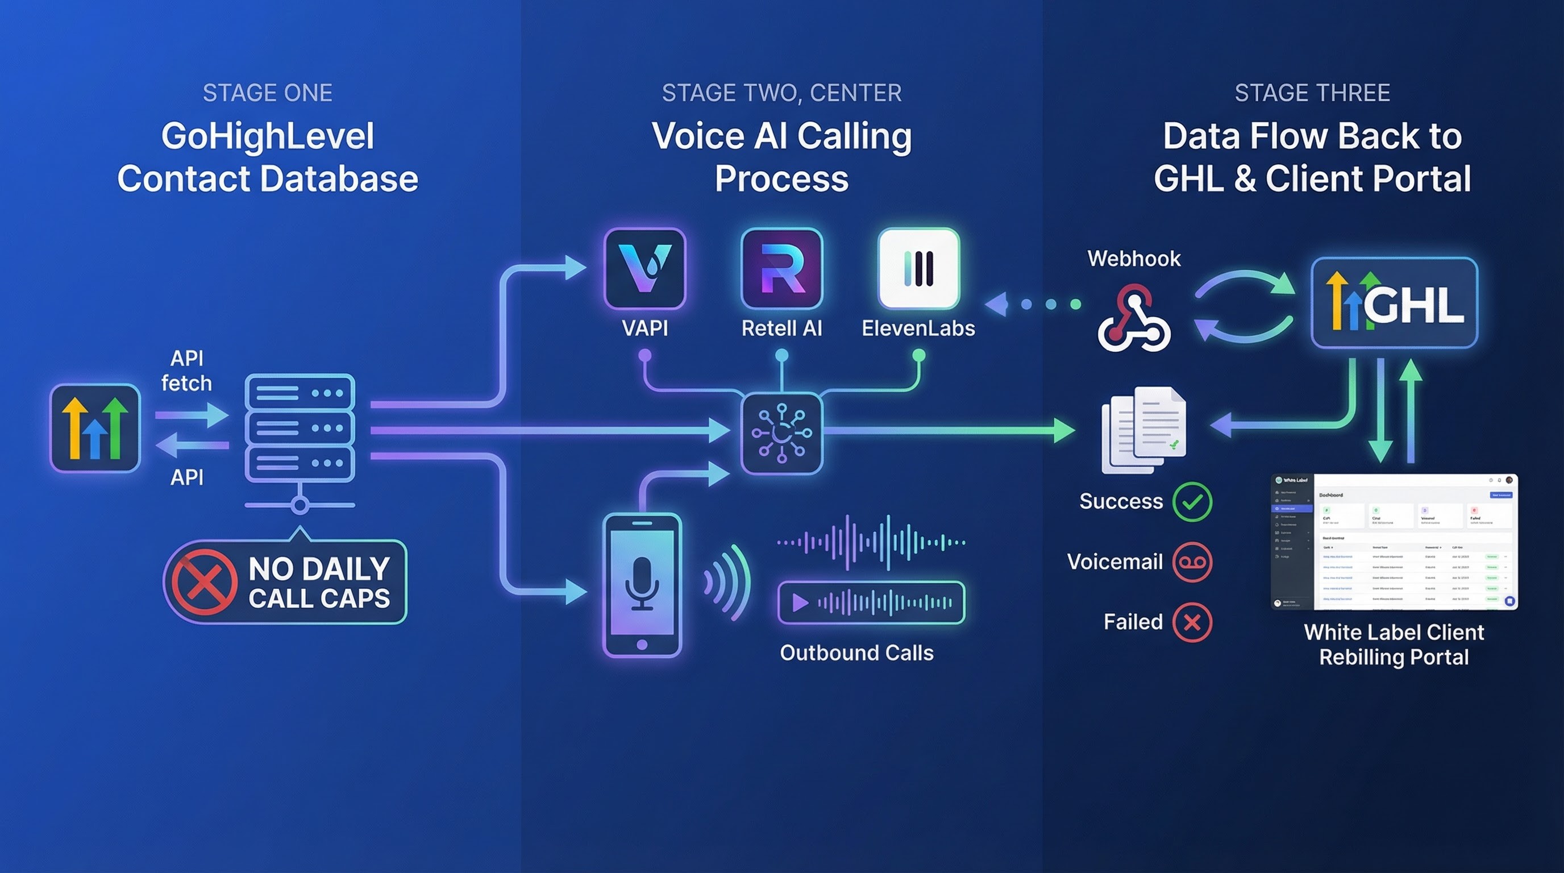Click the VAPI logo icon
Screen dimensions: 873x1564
[x=645, y=269]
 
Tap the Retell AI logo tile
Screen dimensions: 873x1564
[x=782, y=269]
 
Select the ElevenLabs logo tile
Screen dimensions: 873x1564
[x=918, y=269]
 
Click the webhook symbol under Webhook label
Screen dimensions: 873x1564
[x=1134, y=319]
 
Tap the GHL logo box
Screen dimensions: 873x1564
[x=1394, y=303]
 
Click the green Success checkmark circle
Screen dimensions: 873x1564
[x=1192, y=501]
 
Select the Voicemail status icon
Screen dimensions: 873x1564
[x=1192, y=562]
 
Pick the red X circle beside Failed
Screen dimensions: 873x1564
[x=1192, y=622]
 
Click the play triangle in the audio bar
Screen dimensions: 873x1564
[x=800, y=603]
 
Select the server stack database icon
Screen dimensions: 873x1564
[x=300, y=428]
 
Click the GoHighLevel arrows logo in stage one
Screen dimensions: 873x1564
[x=95, y=428]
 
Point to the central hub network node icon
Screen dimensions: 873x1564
[x=782, y=433]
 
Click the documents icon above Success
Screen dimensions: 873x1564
[x=1143, y=430]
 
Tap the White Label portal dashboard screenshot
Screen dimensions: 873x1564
[x=1394, y=542]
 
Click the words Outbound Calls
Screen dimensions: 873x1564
[x=856, y=653]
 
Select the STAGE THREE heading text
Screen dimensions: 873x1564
[x=1312, y=93]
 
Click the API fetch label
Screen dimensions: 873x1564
[x=186, y=371]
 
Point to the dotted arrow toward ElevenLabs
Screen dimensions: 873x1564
[x=1032, y=304]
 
